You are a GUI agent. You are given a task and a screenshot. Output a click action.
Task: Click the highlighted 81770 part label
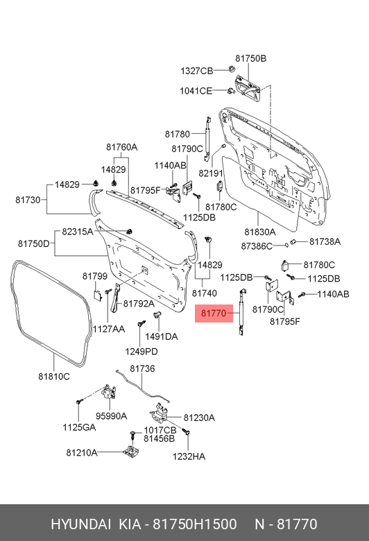pos(214,314)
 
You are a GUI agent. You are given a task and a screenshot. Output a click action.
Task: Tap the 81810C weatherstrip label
pos(54,377)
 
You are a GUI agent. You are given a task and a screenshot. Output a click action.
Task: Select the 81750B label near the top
pos(251,58)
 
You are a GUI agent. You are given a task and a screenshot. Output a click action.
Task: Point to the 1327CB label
pos(197,71)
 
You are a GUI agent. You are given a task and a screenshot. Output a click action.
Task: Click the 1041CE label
pos(196,91)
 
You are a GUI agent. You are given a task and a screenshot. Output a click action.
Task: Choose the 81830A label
pos(260,232)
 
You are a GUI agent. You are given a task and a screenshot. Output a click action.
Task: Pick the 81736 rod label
pos(142,368)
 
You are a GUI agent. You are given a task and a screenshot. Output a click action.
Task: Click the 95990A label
pos(111,416)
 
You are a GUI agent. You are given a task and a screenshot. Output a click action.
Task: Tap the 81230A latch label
pos(199,418)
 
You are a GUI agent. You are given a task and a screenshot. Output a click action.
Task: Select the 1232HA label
pos(189,456)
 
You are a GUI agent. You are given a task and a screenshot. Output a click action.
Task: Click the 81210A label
pos(82,452)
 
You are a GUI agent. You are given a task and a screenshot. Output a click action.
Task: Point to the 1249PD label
pos(141,352)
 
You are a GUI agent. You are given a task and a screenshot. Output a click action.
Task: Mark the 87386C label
pos(257,246)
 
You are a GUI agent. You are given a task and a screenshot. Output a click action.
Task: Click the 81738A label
pos(325,241)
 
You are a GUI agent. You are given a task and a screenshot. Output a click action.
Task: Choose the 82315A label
pos(78,232)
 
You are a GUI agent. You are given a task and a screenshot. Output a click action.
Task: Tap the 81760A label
pos(121,147)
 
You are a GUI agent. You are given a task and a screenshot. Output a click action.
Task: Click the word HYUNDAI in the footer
pos(81,524)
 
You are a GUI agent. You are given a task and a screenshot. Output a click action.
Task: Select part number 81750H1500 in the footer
pos(195,524)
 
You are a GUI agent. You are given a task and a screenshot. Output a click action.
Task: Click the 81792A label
pos(139,303)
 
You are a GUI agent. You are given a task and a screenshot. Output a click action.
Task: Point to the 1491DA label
pos(161,336)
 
